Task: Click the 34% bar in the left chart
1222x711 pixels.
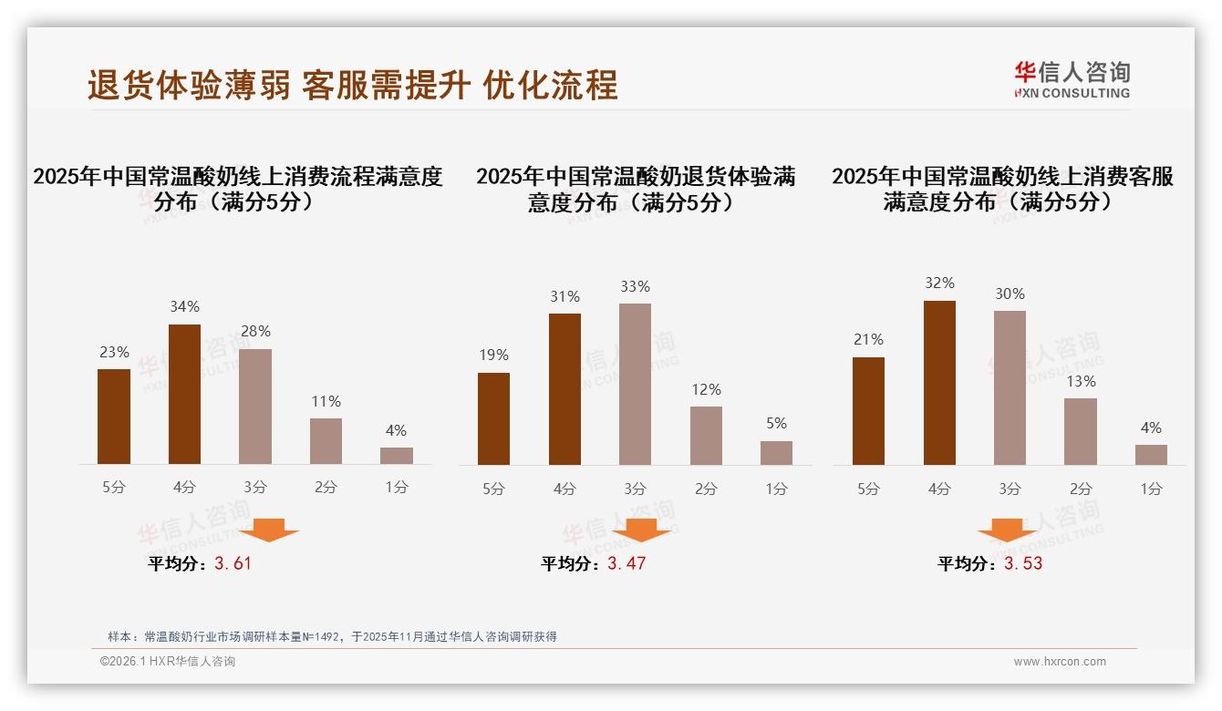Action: coord(185,394)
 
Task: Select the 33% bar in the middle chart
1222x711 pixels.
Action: coord(635,384)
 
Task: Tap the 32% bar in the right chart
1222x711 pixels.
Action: coord(939,383)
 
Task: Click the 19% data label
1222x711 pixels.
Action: coord(493,355)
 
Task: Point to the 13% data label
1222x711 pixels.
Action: coord(1081,381)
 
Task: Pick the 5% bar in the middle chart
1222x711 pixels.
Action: coord(776,453)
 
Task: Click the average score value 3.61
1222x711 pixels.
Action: coord(233,563)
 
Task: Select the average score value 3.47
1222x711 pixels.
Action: coord(627,563)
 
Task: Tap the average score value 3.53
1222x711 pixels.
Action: coord(1023,563)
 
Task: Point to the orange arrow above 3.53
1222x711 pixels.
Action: coord(1007,530)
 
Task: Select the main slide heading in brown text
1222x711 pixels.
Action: coord(352,85)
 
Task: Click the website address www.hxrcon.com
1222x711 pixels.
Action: coord(1060,662)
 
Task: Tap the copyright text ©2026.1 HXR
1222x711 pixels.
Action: coord(168,662)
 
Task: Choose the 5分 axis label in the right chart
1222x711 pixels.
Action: coord(868,489)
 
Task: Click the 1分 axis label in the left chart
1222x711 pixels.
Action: coord(397,487)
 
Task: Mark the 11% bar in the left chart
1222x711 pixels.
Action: coord(326,441)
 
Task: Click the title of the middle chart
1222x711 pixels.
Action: coord(635,189)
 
